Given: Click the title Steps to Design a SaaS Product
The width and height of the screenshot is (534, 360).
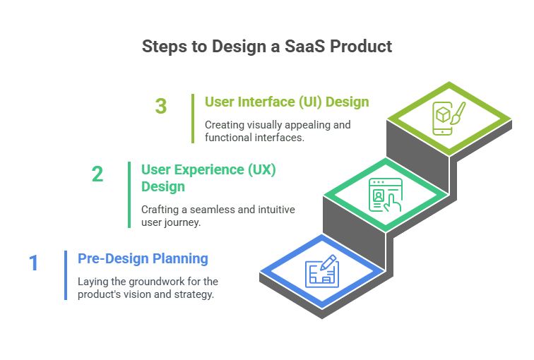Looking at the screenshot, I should click(266, 47).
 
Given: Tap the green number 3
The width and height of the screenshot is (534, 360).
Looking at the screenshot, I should click(161, 107).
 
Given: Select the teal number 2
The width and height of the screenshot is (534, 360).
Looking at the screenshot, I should click(97, 174).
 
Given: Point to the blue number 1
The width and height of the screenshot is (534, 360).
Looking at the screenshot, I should click(33, 263).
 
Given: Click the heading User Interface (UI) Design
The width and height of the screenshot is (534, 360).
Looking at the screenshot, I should click(287, 102).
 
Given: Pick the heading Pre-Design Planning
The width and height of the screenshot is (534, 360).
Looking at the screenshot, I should click(143, 258).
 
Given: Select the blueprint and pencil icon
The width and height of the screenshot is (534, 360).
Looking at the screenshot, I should click(322, 272).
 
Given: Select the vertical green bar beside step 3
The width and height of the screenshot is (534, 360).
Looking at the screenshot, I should click(193, 119).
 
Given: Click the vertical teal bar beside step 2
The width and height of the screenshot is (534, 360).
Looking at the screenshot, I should click(129, 194).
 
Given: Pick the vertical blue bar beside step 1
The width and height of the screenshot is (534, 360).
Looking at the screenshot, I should click(66, 275).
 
